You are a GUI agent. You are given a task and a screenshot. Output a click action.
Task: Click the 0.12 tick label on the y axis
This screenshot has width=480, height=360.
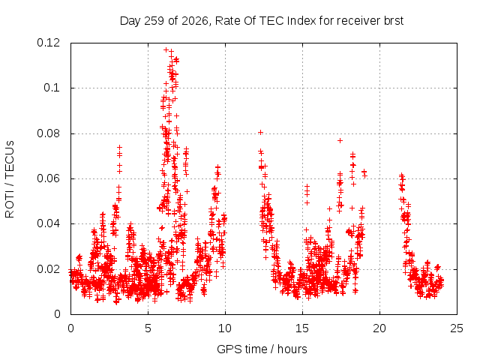point(48,43)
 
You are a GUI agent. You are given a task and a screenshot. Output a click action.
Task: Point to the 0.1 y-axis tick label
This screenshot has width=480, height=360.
point(52,88)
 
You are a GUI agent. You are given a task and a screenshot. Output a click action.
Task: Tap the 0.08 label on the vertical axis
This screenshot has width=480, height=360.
point(48,133)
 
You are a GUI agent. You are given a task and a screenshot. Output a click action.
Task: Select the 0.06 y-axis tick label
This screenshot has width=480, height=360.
point(48,178)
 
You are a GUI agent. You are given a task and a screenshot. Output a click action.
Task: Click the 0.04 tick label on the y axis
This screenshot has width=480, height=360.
point(48,223)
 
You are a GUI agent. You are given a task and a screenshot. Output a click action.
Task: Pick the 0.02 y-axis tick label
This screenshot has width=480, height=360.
point(48,269)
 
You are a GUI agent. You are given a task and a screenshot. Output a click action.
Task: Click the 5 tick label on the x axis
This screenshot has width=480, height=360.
point(148,328)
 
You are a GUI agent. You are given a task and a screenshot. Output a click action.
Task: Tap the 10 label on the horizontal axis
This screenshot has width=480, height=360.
point(225,328)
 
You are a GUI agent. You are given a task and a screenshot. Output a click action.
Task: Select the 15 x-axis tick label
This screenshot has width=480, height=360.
point(302,328)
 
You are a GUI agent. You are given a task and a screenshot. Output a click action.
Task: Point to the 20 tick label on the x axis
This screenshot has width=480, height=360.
point(379,328)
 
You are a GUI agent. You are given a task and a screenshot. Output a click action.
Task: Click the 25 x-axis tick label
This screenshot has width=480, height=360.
point(457,328)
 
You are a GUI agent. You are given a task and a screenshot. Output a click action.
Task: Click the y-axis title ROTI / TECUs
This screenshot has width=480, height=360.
point(10,179)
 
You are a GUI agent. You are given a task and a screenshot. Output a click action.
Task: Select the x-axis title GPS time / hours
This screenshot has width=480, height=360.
point(262,349)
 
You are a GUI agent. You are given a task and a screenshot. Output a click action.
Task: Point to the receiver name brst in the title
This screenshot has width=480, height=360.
point(393,21)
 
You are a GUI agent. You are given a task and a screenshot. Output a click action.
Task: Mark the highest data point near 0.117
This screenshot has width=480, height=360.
point(166,49)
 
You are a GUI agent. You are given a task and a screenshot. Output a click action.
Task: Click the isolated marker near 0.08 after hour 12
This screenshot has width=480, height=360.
point(260,132)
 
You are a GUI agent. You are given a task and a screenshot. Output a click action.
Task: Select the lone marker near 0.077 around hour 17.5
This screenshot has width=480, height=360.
point(340,140)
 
